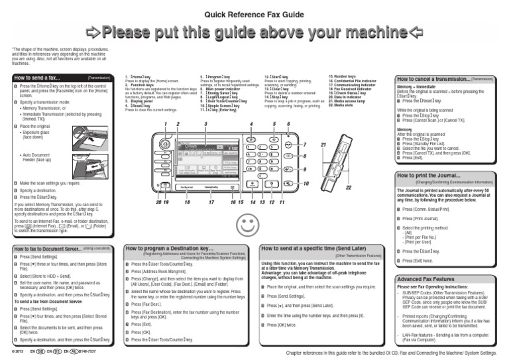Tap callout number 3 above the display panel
point(206,125)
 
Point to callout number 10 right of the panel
point(306,183)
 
